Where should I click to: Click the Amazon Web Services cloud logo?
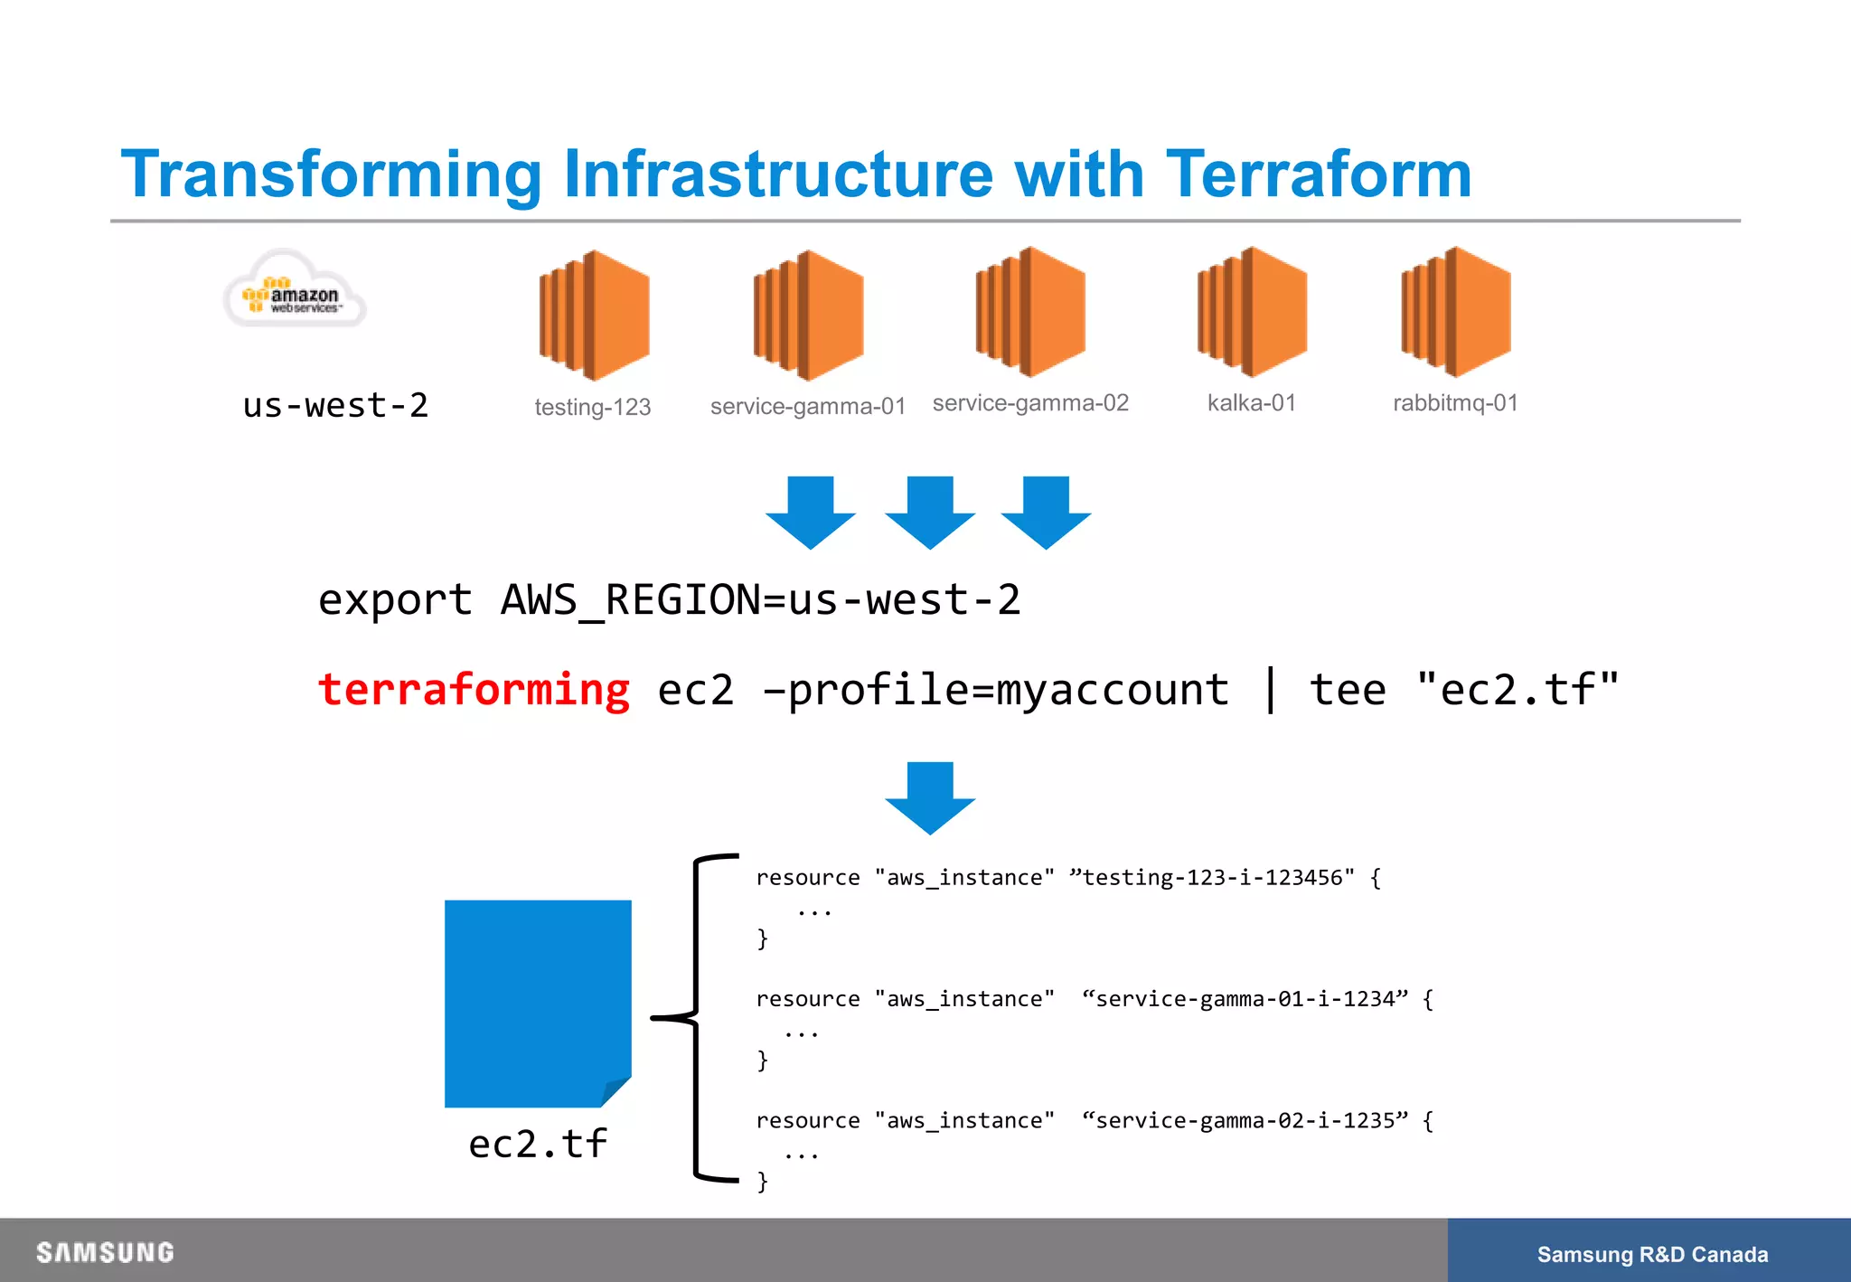point(295,291)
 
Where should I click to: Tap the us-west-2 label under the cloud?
point(335,405)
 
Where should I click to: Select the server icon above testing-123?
point(594,315)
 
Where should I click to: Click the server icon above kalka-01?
point(1252,312)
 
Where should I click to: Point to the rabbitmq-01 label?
point(1455,403)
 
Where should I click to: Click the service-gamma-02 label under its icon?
point(1030,403)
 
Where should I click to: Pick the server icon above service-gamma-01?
point(808,315)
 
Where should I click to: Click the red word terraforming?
point(474,690)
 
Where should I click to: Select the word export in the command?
point(395,600)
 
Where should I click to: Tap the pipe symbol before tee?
point(1270,689)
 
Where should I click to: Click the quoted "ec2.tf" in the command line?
point(1517,690)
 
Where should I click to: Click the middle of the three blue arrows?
point(930,512)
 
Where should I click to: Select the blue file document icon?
point(537,1002)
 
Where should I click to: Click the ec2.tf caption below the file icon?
point(537,1145)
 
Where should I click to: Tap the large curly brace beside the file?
point(696,1017)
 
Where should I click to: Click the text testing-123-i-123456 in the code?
point(1211,878)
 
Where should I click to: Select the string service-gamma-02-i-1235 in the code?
point(1245,1121)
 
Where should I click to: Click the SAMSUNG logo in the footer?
point(105,1252)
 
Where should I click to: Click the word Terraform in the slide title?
point(1319,174)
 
